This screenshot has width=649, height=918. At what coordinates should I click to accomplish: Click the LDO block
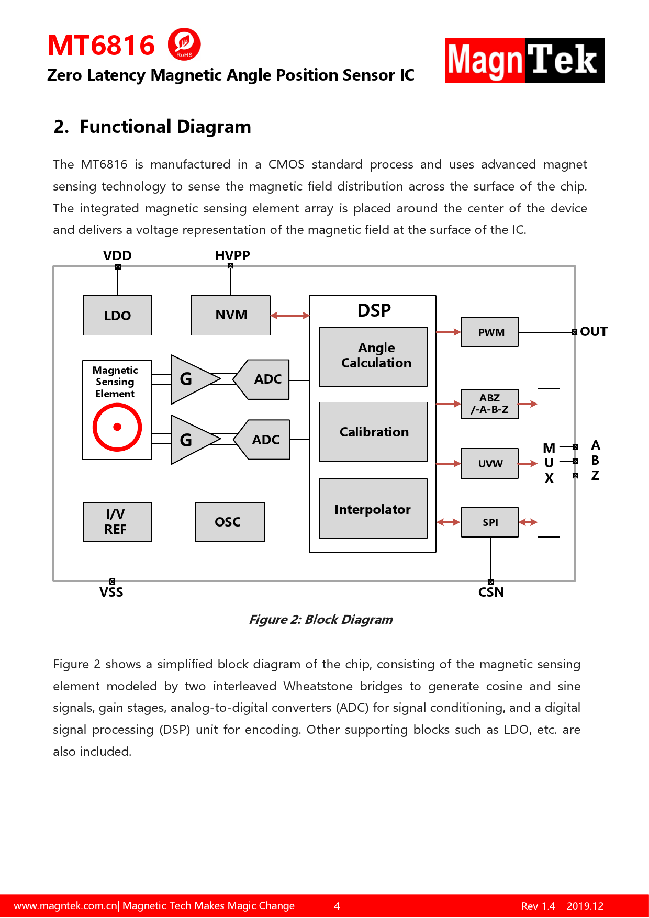117,316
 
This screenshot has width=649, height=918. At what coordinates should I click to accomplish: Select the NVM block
231,315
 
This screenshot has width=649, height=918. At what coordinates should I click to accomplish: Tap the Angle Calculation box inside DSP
373,356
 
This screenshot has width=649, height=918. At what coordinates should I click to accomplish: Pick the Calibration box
373,432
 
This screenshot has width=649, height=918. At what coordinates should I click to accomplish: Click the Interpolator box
373,509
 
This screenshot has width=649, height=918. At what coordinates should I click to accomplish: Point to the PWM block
490,332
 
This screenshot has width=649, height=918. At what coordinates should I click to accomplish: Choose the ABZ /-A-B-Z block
490,404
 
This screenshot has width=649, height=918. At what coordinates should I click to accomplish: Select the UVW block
490,464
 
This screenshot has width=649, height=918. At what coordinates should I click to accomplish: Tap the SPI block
490,522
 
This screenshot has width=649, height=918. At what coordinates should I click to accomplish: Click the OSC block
229,522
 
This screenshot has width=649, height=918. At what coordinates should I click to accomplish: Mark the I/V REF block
117,522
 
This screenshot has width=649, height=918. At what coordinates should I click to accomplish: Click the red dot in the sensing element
117,427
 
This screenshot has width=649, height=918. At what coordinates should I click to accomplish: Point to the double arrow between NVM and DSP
290,316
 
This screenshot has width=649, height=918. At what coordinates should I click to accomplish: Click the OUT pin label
594,332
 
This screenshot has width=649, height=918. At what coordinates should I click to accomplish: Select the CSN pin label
491,592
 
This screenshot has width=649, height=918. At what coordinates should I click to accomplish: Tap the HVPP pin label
232,255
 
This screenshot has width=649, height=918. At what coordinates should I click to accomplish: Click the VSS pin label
111,592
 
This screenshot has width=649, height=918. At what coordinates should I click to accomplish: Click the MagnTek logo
524,60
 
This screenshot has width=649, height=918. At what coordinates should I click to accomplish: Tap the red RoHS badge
184,44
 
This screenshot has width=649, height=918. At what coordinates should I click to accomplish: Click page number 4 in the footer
337,906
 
